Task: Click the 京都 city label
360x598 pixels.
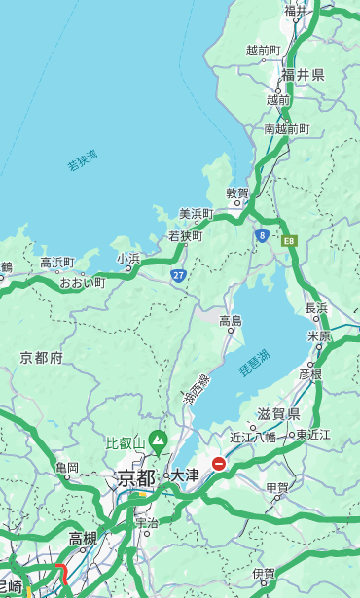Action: click(136, 477)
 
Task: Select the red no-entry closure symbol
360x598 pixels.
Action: click(220, 464)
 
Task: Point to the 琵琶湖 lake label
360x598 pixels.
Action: click(254, 364)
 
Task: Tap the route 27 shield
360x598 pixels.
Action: click(179, 276)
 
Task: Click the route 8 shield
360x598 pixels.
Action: click(262, 235)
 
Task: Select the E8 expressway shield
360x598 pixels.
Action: click(288, 238)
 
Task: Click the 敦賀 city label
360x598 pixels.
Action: click(238, 193)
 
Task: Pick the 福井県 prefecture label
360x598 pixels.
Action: click(303, 75)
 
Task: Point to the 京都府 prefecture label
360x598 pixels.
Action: click(42, 358)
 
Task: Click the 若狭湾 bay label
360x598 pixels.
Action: click(83, 161)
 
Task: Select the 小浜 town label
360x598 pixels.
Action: click(128, 259)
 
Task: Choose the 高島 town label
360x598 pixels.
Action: click(231, 320)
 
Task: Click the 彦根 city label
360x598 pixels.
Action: click(310, 373)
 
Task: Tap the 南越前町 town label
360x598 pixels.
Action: click(286, 128)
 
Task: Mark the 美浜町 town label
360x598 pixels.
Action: click(196, 214)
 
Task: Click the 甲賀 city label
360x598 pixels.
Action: click(277, 487)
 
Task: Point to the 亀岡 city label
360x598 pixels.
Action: click(67, 468)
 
